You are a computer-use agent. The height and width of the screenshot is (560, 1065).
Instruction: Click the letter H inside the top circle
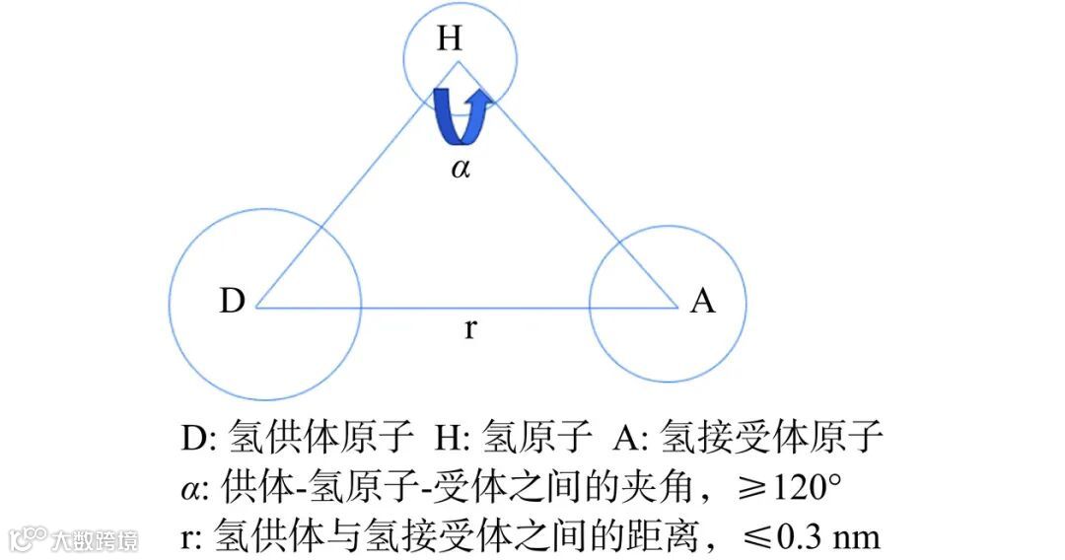(450, 38)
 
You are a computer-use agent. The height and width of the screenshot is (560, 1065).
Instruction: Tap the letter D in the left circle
(232, 301)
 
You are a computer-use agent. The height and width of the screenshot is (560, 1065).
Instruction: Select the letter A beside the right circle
(702, 301)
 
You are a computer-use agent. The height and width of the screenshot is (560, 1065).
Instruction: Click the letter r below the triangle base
(470, 328)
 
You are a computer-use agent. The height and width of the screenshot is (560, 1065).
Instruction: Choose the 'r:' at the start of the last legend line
(193, 538)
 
